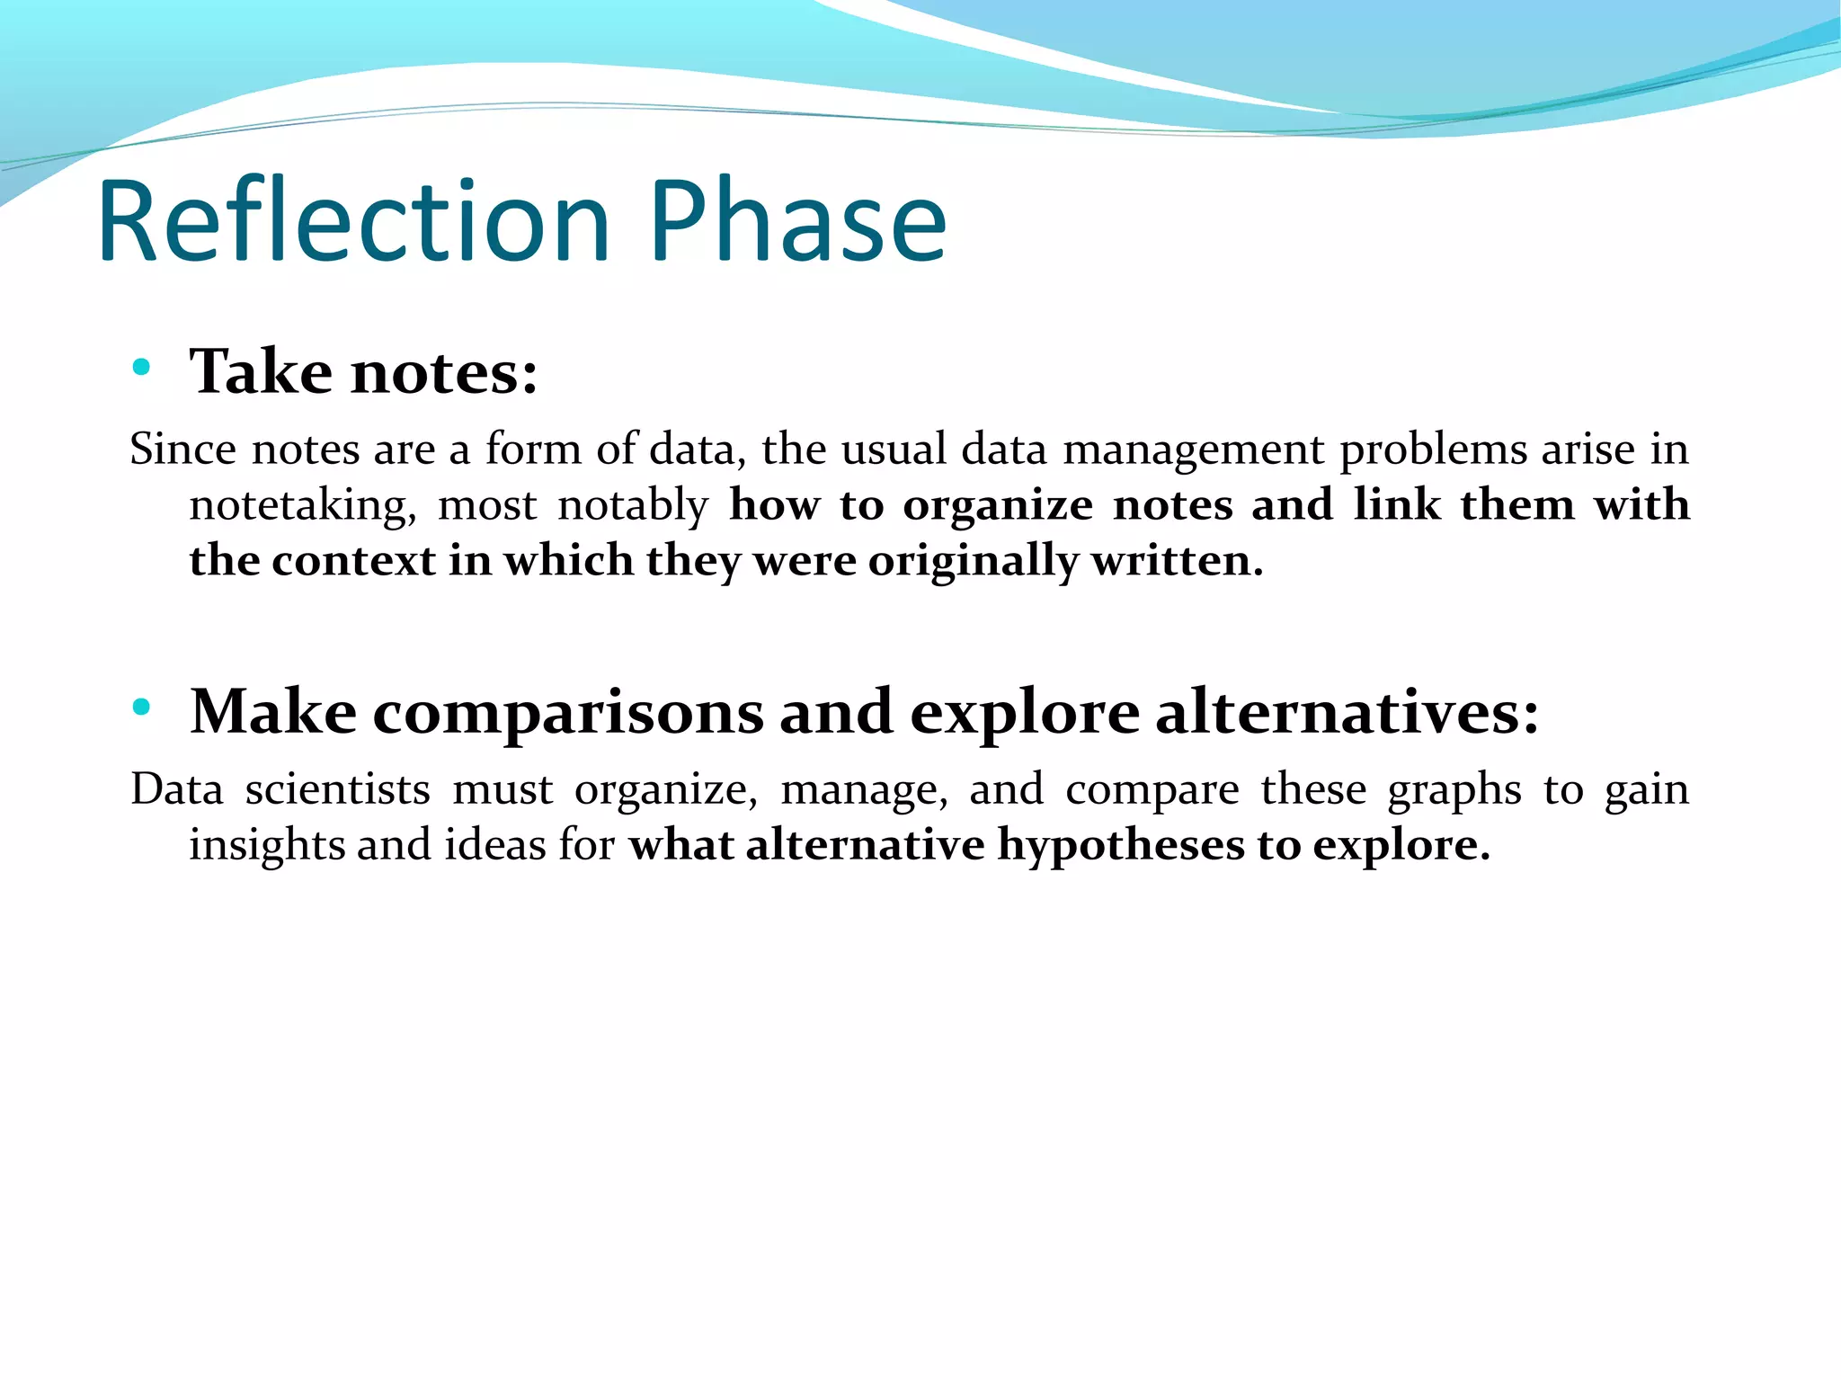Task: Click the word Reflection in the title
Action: pyautogui.click(x=355, y=221)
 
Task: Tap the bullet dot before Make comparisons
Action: pyautogui.click(x=140, y=707)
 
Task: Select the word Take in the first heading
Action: pyautogui.click(x=260, y=371)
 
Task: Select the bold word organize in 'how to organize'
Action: pyautogui.click(x=997, y=505)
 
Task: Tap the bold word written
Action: pyautogui.click(x=1177, y=561)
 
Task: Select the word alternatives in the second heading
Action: pyautogui.click(x=1346, y=712)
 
